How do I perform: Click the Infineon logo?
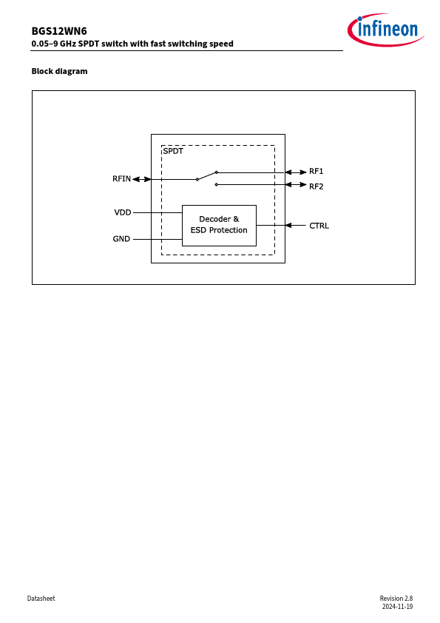point(385,30)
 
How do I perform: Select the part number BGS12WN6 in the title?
point(59,31)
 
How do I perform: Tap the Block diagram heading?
point(60,71)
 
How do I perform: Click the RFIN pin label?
point(121,179)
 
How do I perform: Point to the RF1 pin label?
point(316,171)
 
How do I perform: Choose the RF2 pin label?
point(316,186)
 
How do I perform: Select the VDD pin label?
point(123,212)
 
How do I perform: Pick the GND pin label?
point(121,239)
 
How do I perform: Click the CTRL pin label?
point(319,226)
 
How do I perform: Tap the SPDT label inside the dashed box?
point(173,151)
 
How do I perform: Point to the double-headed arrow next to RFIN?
point(142,179)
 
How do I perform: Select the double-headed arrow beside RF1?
point(296,172)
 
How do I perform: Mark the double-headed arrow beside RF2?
point(296,185)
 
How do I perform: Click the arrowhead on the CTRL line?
point(288,225)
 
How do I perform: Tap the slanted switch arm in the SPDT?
point(206,176)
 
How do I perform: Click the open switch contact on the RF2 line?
point(216,184)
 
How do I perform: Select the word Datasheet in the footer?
point(41,599)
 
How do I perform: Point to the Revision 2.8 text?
point(396,599)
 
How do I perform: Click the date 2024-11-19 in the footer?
point(397,607)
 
